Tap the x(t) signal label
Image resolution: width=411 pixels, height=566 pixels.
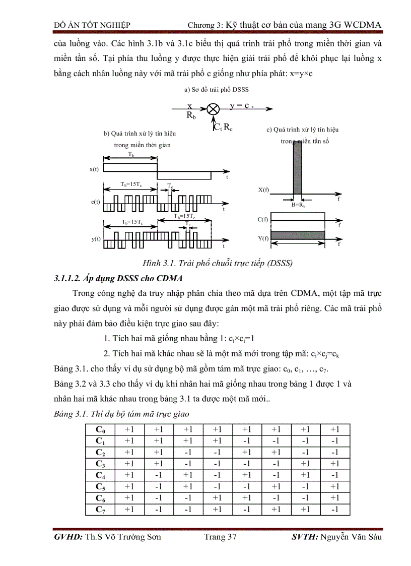tap(95, 170)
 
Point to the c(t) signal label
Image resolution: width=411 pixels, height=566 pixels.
tap(95, 202)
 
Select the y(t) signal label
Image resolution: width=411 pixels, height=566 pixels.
tap(95, 239)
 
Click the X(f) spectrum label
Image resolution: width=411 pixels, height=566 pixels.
tap(263, 190)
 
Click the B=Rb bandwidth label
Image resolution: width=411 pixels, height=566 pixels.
tap(299, 206)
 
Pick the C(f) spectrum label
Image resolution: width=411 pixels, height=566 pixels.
tap(263, 219)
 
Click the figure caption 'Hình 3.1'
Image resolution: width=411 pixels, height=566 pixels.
tap(149, 263)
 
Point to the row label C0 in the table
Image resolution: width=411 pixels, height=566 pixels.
tap(100, 429)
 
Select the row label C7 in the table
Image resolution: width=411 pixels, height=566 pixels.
tap(100, 510)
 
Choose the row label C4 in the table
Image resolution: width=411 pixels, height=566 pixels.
tap(100, 475)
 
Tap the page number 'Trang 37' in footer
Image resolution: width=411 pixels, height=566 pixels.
tap(220, 537)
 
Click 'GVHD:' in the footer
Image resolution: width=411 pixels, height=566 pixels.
tap(68, 537)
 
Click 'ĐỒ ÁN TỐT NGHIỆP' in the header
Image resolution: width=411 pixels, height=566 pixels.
tap(92, 25)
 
